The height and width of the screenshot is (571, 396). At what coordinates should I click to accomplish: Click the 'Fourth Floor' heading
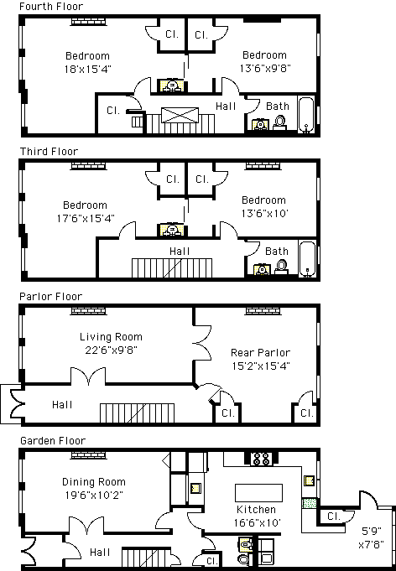51,6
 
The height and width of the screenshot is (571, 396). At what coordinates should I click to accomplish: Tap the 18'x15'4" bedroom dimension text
87,69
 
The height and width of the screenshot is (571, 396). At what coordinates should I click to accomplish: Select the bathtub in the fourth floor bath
306,114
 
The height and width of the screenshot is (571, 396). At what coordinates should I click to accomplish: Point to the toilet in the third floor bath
281,266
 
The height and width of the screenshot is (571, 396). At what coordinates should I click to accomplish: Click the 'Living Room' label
111,337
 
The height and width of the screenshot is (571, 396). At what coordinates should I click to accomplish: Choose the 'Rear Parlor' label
260,352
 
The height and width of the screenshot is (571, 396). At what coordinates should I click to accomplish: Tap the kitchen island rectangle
258,493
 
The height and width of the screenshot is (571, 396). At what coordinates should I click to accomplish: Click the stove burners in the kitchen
261,459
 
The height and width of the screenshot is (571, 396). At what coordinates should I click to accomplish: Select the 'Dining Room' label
94,482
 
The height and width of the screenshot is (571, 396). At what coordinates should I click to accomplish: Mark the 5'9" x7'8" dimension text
371,537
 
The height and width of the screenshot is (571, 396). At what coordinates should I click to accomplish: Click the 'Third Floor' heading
49,151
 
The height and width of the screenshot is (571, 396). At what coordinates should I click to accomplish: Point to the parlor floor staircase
137,413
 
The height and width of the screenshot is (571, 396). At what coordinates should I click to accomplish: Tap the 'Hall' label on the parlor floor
62,405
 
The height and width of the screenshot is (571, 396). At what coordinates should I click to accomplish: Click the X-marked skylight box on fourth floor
180,115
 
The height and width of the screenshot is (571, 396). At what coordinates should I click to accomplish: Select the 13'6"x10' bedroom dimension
265,213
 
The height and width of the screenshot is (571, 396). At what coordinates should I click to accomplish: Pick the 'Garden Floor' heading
53,441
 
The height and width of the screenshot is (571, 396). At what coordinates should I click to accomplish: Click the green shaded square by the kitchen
310,503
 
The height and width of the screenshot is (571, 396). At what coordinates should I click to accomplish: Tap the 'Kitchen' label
256,510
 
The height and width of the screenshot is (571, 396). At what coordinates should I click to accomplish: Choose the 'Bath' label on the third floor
277,252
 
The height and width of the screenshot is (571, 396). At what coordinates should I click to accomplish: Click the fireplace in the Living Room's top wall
89,311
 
